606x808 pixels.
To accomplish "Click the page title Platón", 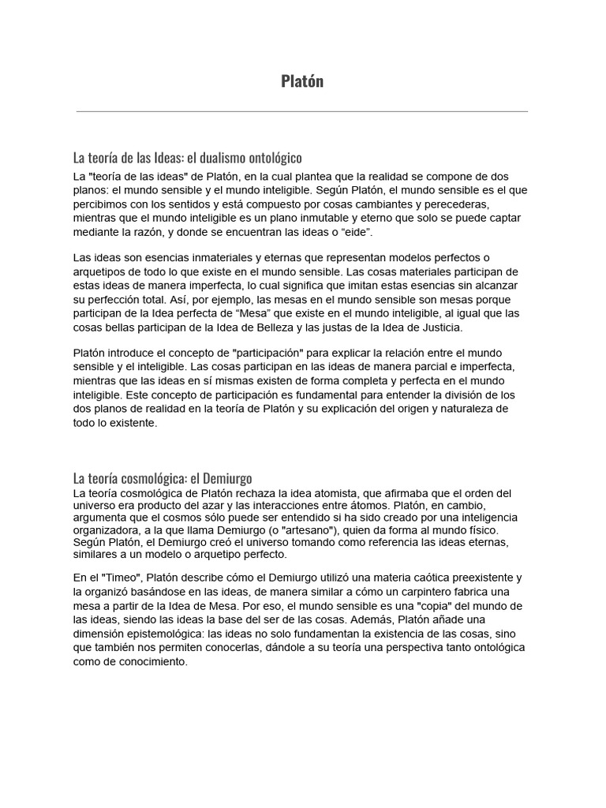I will [303, 81].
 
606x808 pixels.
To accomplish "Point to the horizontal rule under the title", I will [302, 112].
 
